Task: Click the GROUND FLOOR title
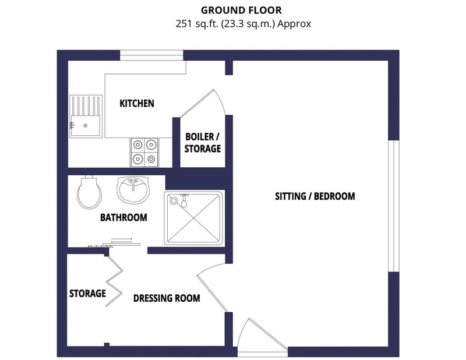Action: tap(241, 10)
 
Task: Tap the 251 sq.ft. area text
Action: tap(243, 24)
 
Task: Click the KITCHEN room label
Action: tap(137, 104)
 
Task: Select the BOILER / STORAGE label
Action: tap(202, 143)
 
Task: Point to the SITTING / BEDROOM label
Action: tap(315, 196)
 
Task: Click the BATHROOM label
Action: tap(123, 218)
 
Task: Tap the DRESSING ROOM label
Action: tap(167, 298)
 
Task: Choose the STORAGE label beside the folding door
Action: tap(87, 294)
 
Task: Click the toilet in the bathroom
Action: tap(89, 192)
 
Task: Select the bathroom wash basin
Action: tap(133, 190)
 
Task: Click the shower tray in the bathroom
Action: tap(193, 218)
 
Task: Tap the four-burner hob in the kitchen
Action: tap(144, 152)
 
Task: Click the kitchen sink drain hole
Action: tap(86, 126)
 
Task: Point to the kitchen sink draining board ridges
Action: tap(86, 105)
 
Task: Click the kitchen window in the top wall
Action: tap(151, 55)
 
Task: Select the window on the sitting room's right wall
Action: tap(394, 206)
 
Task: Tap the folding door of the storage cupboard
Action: tap(115, 281)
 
